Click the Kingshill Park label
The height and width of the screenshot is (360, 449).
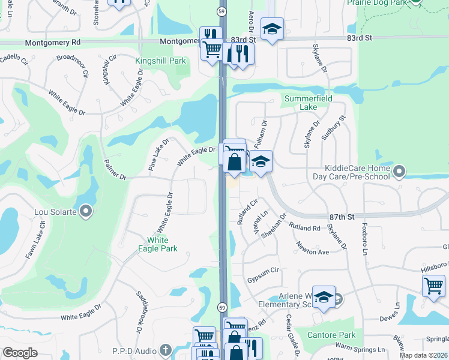click(x=160, y=61)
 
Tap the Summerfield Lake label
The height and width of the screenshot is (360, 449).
click(x=309, y=103)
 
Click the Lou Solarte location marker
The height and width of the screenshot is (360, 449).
click(x=86, y=211)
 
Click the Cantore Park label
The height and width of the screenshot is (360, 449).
click(x=331, y=335)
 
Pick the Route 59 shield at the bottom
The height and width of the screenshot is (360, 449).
click(x=221, y=307)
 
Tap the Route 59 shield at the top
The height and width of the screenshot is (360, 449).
click(x=221, y=12)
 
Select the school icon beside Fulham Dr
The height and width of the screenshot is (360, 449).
click(x=261, y=161)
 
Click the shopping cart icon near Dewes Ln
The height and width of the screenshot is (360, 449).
click(x=433, y=286)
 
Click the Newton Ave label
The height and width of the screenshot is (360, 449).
click(x=313, y=248)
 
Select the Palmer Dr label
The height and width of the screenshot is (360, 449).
click(x=114, y=169)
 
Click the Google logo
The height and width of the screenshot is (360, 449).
click(x=20, y=353)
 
